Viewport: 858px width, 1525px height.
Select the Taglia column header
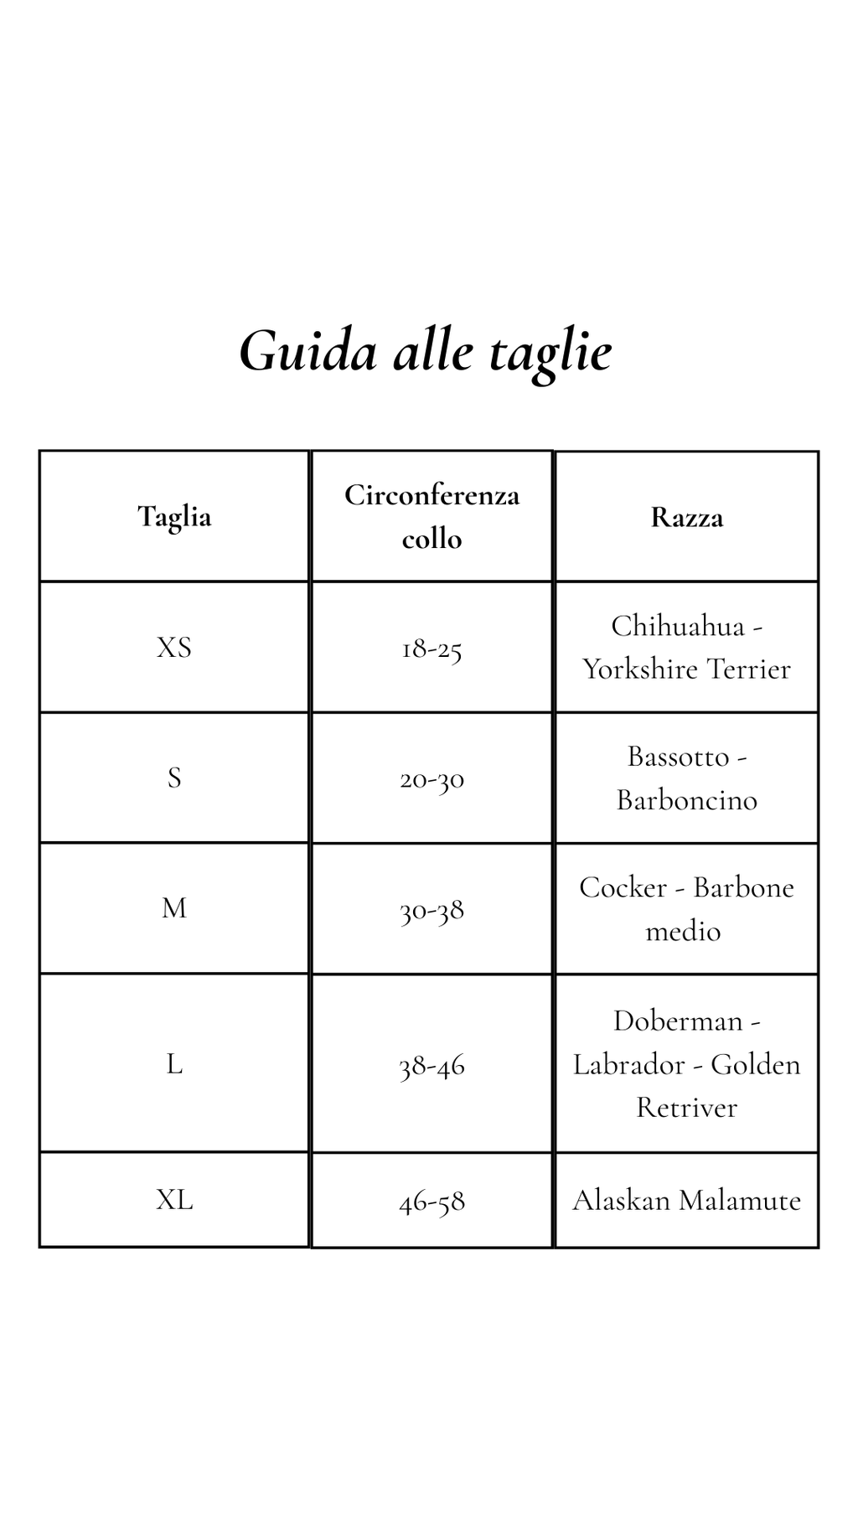174,516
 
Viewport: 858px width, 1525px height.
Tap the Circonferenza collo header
432,516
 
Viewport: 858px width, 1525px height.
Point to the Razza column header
686,518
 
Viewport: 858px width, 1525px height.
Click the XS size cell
174,648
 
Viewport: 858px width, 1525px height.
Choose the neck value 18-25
432,649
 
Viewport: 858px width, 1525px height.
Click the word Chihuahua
678,626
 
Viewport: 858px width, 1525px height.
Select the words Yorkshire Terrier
686,669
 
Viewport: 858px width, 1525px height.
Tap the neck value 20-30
432,779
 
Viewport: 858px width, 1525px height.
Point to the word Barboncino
686,800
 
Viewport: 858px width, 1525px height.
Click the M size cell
174,908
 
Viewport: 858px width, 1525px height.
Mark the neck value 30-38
432,910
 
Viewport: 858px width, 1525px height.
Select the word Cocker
622,887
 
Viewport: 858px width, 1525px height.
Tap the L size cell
174,1064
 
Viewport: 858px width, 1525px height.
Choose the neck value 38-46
432,1066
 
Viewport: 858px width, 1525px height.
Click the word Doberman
678,1021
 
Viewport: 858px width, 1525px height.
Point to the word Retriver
686,1108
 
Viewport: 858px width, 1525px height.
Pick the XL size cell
174,1200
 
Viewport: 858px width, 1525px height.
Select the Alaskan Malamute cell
686,1201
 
